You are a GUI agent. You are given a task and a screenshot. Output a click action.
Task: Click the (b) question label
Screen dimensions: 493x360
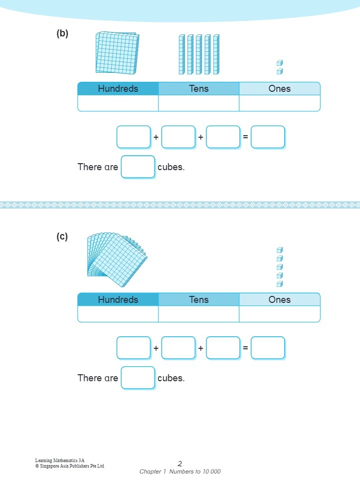click(62, 34)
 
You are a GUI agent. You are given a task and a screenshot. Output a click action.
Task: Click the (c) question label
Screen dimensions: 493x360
click(62, 237)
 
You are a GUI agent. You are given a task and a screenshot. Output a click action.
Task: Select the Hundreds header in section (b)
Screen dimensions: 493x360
click(118, 89)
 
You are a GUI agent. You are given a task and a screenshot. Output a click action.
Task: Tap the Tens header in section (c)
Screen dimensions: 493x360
click(198, 300)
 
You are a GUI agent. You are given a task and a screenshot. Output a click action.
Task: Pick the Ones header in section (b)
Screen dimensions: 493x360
click(279, 89)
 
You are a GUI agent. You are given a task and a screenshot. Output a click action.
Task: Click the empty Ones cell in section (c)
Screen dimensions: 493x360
click(279, 314)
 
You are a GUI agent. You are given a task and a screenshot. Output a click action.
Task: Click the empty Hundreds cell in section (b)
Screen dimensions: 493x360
click(118, 103)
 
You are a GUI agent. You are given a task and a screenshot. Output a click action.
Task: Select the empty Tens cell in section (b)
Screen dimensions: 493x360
click(198, 103)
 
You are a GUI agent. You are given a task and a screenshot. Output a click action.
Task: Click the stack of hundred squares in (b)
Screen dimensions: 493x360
click(117, 53)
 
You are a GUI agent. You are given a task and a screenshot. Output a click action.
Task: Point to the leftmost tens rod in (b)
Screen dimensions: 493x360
click(182, 54)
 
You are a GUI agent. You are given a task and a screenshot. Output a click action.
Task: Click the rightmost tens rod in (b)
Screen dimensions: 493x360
click(216, 54)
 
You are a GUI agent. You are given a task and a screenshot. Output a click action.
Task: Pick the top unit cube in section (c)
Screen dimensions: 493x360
click(280, 250)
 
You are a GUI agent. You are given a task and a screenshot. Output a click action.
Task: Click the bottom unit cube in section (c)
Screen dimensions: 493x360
click(280, 284)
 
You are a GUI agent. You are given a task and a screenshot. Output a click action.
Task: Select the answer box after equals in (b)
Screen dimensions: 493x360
click(268, 137)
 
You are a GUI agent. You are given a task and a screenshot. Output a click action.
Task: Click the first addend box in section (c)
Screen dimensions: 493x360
click(134, 348)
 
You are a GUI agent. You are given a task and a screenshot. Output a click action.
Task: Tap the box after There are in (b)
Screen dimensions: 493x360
click(138, 167)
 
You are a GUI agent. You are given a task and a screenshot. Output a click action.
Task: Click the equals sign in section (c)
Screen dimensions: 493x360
click(245, 348)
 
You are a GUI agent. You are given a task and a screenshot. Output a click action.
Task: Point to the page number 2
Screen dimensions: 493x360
click(180, 464)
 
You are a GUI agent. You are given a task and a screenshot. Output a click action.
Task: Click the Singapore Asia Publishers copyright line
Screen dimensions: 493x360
click(70, 466)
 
